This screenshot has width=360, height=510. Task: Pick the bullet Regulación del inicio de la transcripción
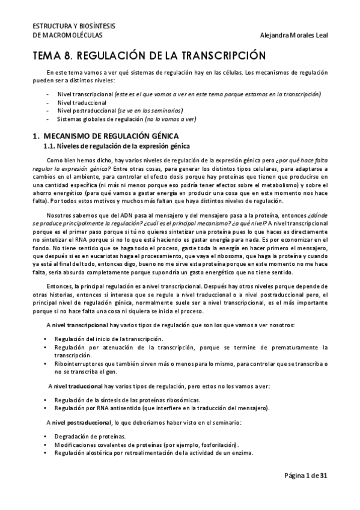pos(108,339)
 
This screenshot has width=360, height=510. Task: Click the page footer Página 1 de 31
pos(306,476)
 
